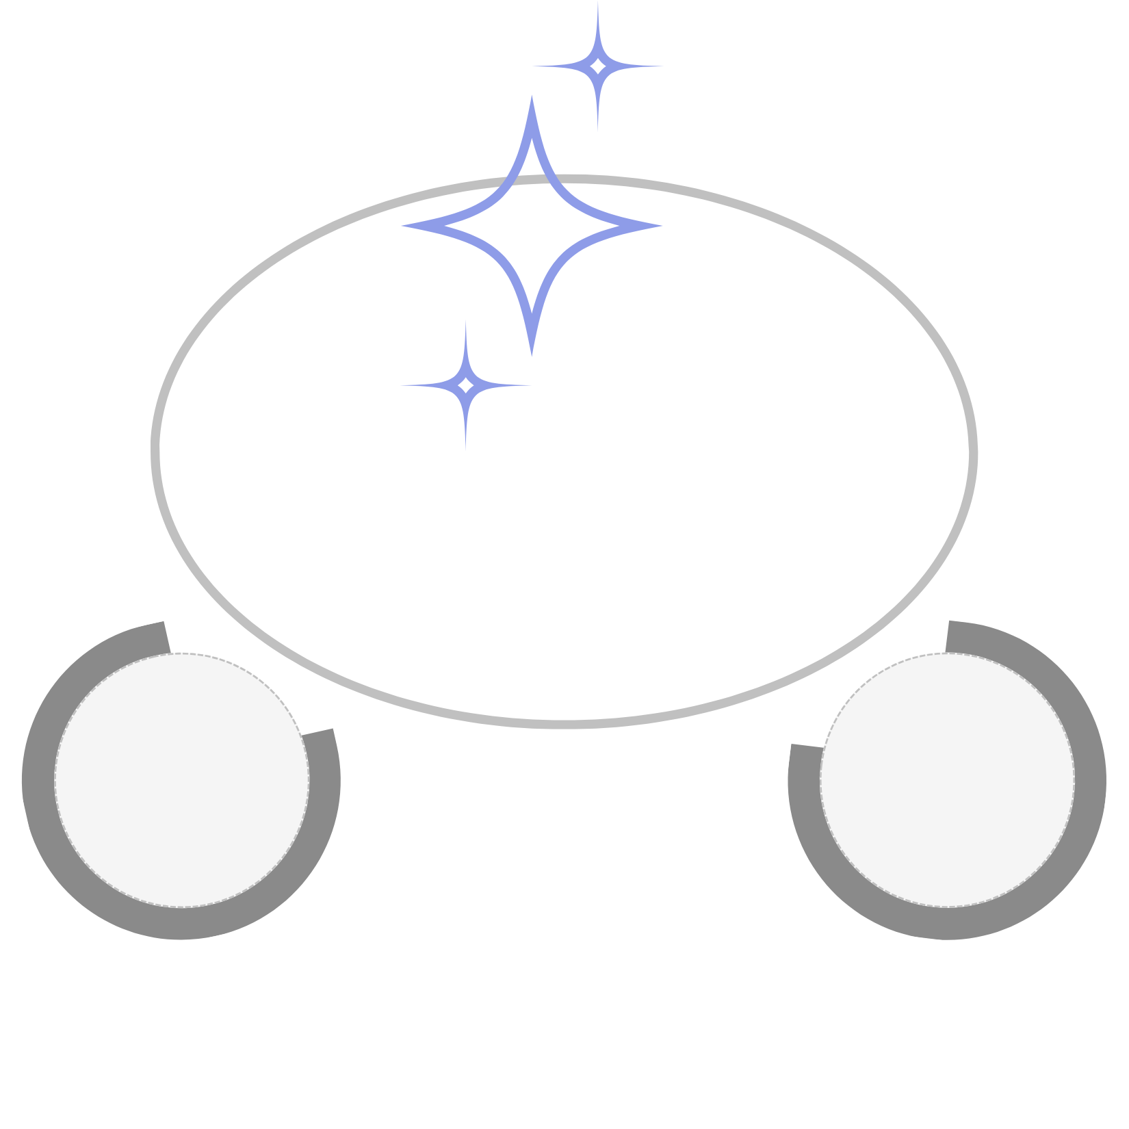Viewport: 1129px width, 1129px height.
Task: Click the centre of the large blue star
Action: pos(532,225)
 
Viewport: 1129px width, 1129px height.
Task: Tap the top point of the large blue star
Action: pos(532,98)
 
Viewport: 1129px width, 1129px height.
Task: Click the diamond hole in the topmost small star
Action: pos(598,66)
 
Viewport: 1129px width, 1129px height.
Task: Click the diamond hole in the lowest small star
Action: pos(466,385)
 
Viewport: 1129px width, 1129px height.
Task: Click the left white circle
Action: pos(181,780)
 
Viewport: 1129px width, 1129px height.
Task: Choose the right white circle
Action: pos(948,780)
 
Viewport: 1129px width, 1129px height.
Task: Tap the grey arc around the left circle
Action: pos(181,923)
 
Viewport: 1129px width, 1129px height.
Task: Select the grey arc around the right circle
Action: pos(948,923)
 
